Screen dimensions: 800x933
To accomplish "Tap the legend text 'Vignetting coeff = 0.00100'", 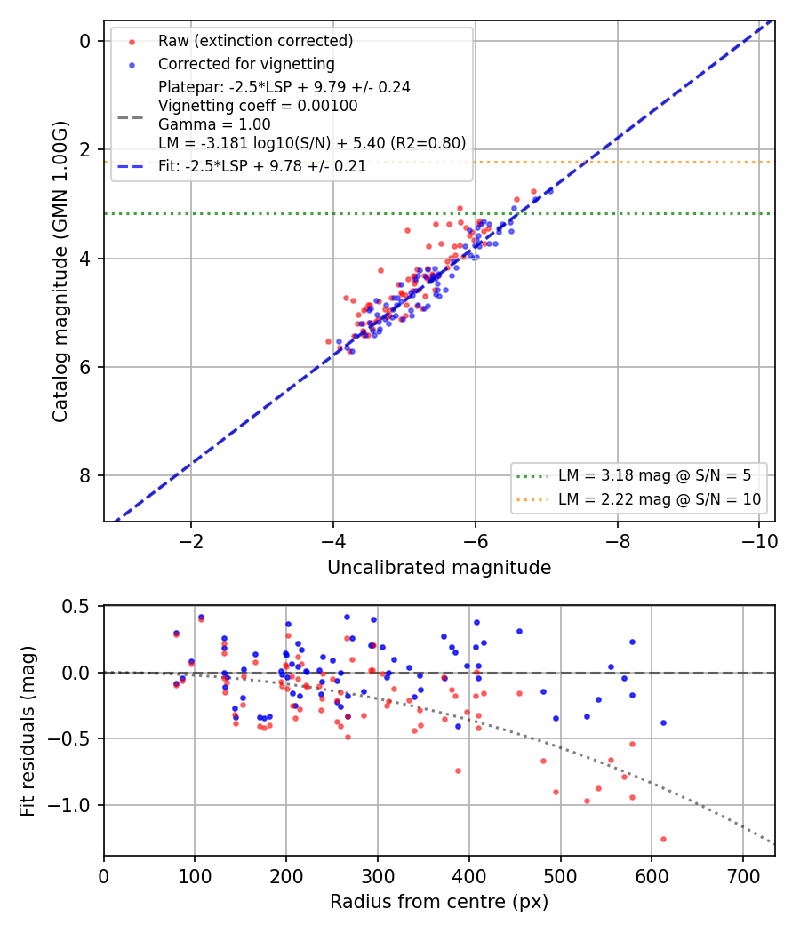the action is [258, 106].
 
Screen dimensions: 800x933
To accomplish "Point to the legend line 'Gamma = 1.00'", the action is [214, 124].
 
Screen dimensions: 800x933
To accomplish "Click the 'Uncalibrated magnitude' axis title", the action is [439, 568].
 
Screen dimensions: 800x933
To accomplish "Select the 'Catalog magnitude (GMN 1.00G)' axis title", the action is [60, 272].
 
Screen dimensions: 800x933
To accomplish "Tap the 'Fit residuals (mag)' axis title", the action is [27, 731].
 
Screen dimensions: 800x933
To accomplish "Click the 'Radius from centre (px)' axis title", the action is [439, 902].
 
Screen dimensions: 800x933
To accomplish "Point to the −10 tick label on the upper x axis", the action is [759, 541].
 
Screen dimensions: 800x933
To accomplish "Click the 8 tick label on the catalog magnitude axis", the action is [85, 476].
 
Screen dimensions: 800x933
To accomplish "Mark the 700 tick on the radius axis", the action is [743, 876].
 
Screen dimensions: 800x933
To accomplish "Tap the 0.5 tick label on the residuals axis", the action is [76, 606].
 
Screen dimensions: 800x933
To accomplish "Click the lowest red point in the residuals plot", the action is [663, 840].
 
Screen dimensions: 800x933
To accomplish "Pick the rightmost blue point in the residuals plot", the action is [663, 723].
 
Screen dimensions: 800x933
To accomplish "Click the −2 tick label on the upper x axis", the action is [191, 541].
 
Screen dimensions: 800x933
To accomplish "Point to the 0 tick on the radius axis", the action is [104, 876].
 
